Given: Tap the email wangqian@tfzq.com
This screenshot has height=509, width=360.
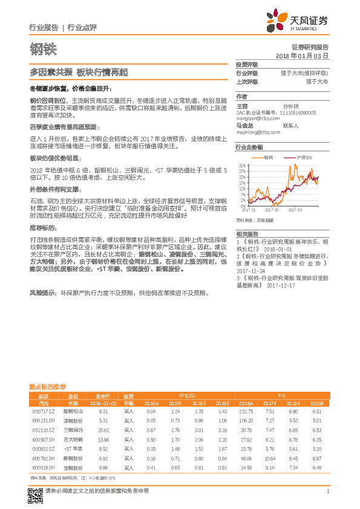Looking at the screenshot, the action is tap(255, 118).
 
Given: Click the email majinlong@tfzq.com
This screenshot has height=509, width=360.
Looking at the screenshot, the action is tap(257, 131).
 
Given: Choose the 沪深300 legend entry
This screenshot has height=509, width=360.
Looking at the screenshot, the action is tap(303, 157).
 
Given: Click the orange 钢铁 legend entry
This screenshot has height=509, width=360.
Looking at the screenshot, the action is tap(269, 157).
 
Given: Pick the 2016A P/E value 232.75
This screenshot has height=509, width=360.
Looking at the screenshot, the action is tap(246, 410).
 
